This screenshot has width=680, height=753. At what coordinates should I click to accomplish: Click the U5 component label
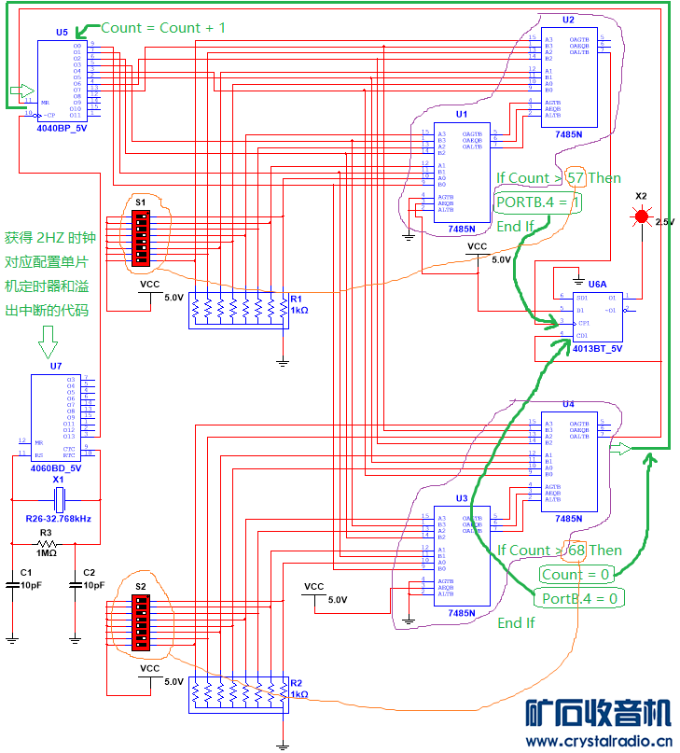point(62,32)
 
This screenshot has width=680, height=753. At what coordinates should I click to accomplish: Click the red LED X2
point(642,216)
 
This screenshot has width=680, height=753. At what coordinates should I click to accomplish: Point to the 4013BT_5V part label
point(597,348)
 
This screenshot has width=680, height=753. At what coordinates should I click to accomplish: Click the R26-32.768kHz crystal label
point(58,517)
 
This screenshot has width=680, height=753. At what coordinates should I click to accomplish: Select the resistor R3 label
point(46,532)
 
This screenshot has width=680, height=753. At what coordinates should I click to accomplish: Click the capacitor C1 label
point(26,572)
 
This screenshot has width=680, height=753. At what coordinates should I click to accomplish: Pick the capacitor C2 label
point(90,572)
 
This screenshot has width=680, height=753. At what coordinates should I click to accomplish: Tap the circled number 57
point(575,177)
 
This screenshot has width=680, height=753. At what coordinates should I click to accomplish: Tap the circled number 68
point(576,550)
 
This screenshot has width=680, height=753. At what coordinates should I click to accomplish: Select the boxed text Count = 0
point(576,573)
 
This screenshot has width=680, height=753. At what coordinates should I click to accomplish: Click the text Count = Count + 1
point(162,28)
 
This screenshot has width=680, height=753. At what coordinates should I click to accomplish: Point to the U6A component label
point(597,282)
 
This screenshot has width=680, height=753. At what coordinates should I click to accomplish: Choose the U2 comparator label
point(568,19)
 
